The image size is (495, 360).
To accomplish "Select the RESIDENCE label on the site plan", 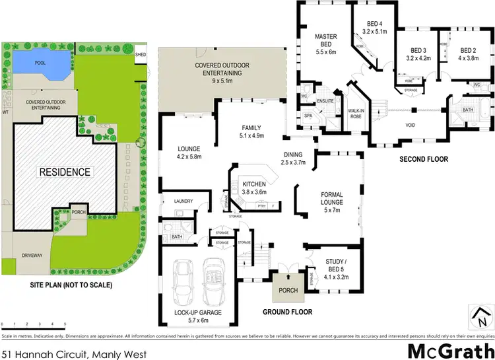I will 64,172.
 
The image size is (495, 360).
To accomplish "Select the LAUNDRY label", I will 184,201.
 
